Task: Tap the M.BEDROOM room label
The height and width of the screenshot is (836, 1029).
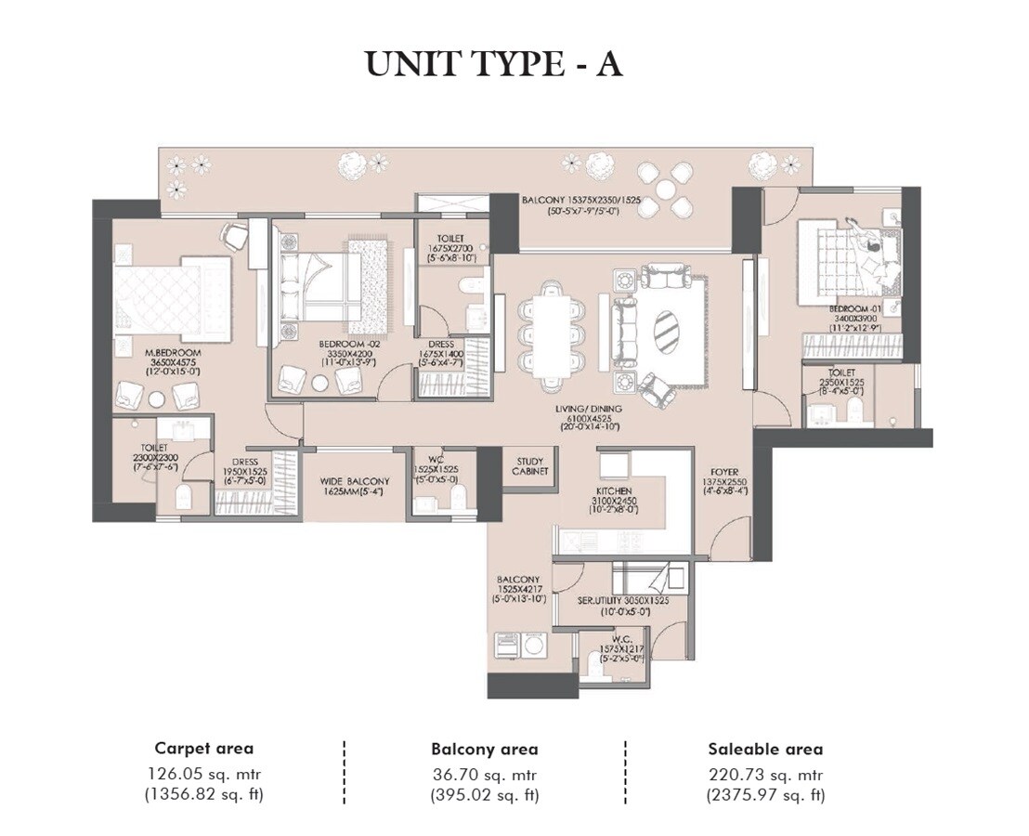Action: point(168,353)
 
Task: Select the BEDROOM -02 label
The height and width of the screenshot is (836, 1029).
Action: point(345,344)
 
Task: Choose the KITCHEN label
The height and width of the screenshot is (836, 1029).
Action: point(615,490)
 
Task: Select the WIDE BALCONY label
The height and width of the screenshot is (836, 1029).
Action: point(355,481)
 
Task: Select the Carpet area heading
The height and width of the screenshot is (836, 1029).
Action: point(203,748)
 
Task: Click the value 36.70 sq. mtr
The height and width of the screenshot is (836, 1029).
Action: point(484,775)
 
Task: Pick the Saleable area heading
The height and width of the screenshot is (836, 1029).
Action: point(764,748)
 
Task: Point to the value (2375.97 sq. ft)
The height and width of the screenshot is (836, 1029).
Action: point(764,795)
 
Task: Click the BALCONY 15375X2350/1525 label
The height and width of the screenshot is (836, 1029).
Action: point(582,200)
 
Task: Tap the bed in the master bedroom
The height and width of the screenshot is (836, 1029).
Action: point(172,294)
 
